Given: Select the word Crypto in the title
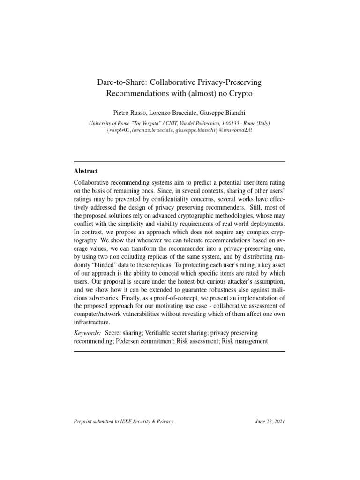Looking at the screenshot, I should (240, 93).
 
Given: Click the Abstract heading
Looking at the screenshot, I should (86, 171).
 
